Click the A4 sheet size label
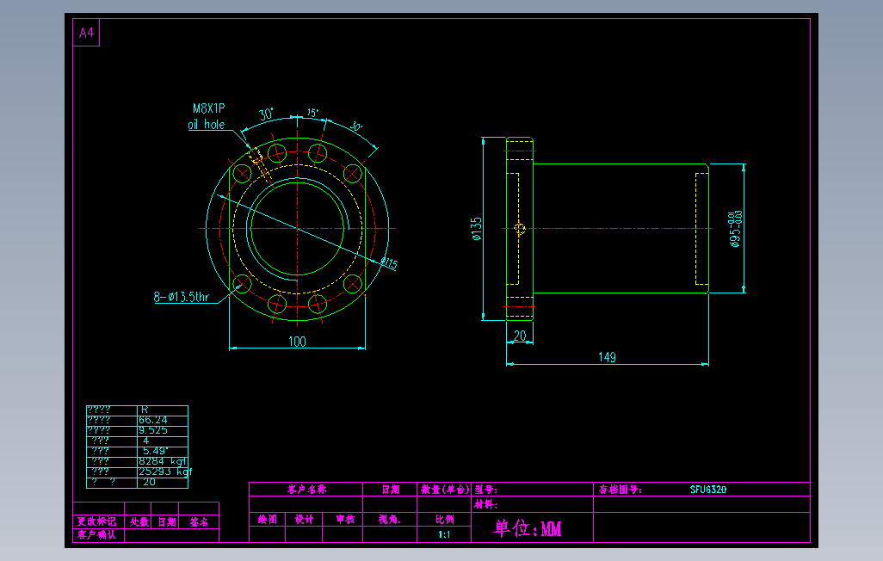(86, 34)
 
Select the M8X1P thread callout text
(208, 108)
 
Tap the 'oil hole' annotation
(207, 125)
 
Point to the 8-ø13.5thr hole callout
(182, 298)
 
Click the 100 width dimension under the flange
(297, 342)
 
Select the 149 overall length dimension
(607, 357)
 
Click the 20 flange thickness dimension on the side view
(520, 336)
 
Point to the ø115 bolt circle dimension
(389, 263)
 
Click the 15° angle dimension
(312, 113)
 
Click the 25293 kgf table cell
(164, 472)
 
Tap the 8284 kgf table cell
(163, 461)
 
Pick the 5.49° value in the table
(156, 451)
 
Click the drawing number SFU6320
(708, 490)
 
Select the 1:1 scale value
(444, 534)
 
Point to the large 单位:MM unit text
(528, 529)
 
